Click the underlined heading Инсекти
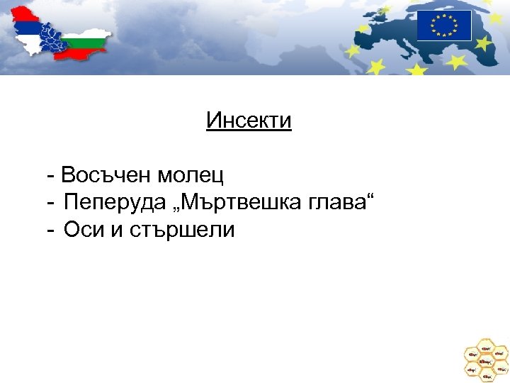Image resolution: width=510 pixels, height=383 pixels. pyautogui.click(x=249, y=121)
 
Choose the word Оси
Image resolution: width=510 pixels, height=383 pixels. pyautogui.click(x=81, y=230)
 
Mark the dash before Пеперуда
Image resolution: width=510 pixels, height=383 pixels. pyautogui.click(x=52, y=203)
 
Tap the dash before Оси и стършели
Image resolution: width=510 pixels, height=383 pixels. pyautogui.click(x=52, y=231)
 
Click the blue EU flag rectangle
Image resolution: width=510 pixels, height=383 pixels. pyautogui.click(x=444, y=26)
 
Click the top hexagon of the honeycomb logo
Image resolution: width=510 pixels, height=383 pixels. pyautogui.click(x=485, y=347)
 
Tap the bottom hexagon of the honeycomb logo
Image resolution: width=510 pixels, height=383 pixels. pyautogui.click(x=485, y=375)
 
